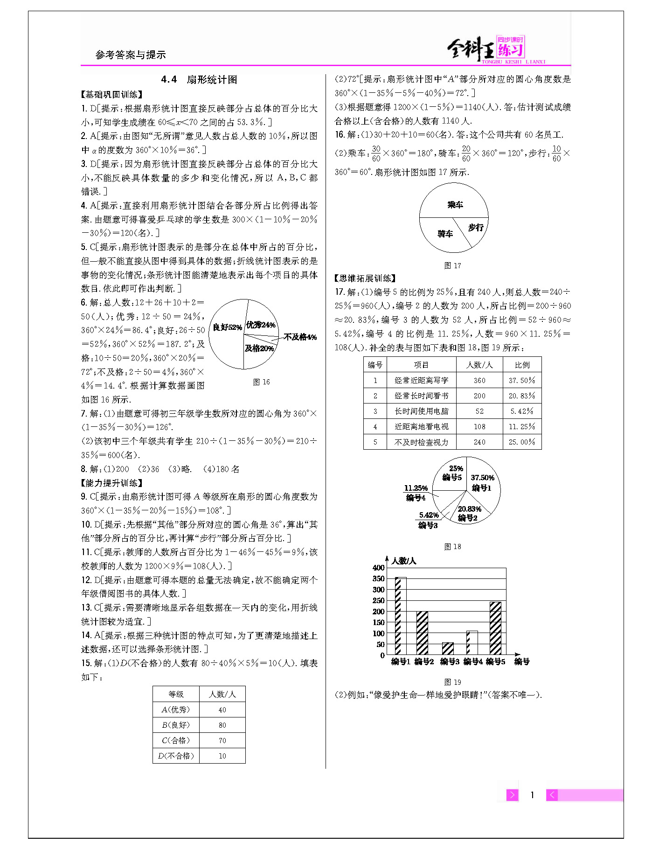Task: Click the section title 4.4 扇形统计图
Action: click(x=199, y=80)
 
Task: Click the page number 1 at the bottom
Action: click(x=532, y=795)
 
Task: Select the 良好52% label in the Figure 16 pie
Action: click(x=227, y=327)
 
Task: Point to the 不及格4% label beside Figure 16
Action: click(x=300, y=337)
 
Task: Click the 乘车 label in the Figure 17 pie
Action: click(x=455, y=205)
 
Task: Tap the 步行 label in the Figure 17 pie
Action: click(x=476, y=228)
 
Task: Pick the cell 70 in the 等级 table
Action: click(x=222, y=740)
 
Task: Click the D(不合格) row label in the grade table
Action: click(x=176, y=756)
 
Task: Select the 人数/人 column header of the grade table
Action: click(x=222, y=694)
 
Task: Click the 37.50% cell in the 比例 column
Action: click(x=522, y=380)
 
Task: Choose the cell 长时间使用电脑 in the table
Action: click(x=421, y=411)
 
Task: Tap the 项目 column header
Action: click(x=421, y=365)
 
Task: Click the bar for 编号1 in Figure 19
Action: click(x=400, y=616)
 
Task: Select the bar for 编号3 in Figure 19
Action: click(x=448, y=648)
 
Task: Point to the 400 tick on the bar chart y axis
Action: click(x=378, y=568)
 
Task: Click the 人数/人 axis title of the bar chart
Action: click(x=403, y=561)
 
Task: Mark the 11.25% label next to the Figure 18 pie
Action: click(x=416, y=488)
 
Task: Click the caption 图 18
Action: click(x=452, y=546)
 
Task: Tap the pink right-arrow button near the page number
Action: click(x=512, y=795)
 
